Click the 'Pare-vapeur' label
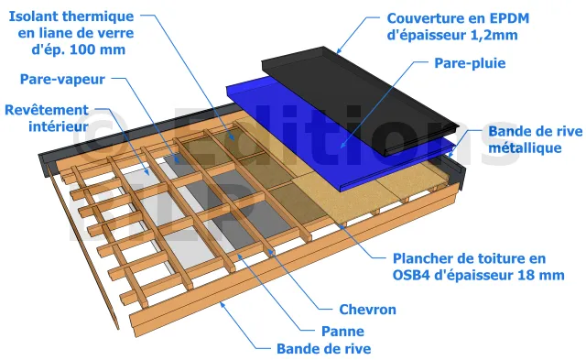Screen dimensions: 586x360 tap(62, 80)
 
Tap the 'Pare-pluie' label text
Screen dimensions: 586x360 tap(470, 63)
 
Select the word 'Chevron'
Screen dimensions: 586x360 tap(367, 310)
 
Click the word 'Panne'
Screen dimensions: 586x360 tap(342, 332)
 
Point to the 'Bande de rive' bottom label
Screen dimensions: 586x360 tap(323, 349)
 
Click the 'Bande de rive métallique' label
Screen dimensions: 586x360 tap(535, 139)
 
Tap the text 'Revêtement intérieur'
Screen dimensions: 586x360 tap(47, 118)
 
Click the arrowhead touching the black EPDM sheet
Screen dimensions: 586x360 tap(339, 51)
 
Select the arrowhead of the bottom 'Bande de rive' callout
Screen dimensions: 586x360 tap(222, 305)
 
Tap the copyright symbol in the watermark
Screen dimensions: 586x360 tap(98, 137)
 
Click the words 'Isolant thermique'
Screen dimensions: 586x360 tap(71, 16)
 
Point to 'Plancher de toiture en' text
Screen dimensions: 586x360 tap(469, 258)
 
